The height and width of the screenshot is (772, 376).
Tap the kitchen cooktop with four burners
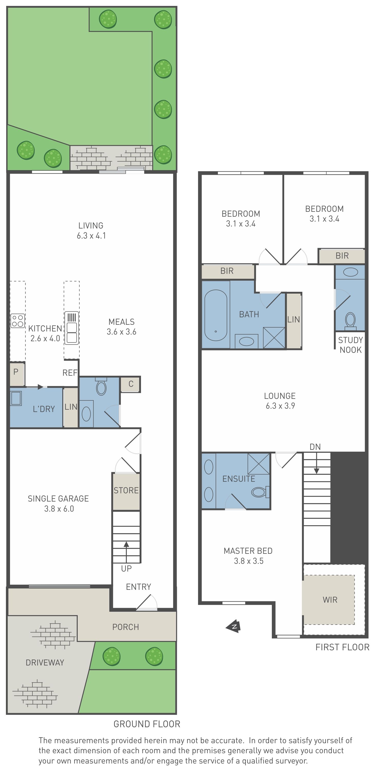[x=18, y=321]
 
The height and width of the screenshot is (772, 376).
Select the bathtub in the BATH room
[x=216, y=315]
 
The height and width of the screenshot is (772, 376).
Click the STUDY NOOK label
[x=351, y=345]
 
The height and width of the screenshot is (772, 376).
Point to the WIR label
[x=330, y=600]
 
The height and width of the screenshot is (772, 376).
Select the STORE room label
[x=126, y=490]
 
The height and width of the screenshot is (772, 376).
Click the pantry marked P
[x=17, y=374]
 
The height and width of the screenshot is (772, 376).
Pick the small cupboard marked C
[x=130, y=384]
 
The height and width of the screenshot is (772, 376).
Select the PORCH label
[x=126, y=627]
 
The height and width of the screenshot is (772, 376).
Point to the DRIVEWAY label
[x=45, y=662]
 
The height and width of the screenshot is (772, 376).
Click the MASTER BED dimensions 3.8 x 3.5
[x=249, y=561]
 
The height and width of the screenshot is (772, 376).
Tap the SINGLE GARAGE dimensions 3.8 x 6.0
[x=59, y=508]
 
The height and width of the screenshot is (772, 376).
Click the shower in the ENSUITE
[x=258, y=464]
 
